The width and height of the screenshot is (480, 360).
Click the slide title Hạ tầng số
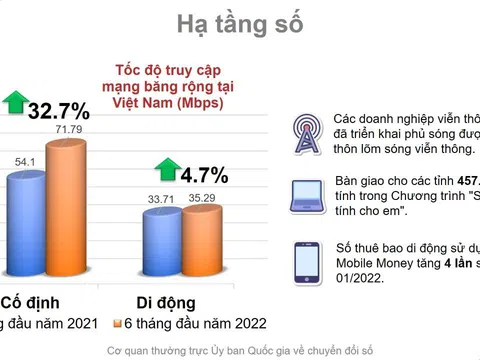[x=240, y=24]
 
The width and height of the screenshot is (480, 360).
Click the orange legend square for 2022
[x=117, y=324]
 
